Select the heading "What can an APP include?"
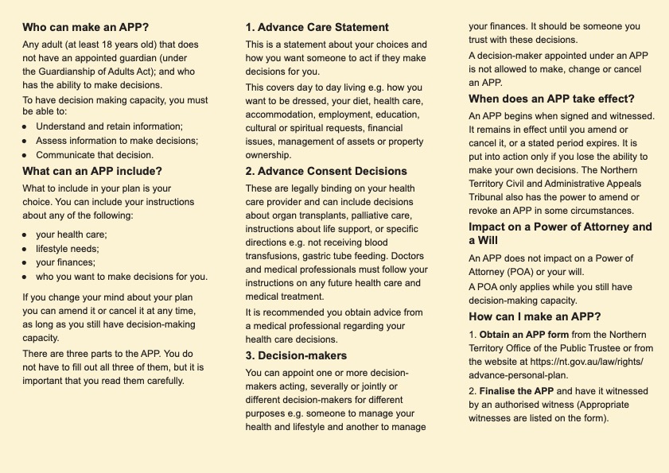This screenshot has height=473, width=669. click(92, 171)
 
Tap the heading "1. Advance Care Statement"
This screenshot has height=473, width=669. click(317, 27)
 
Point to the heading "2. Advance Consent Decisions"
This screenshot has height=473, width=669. click(326, 171)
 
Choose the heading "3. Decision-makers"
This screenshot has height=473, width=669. click(296, 355)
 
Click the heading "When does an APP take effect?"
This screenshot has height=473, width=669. click(551, 99)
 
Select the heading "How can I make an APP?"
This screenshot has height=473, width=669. click(535, 316)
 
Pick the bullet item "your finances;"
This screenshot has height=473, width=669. click(65, 262)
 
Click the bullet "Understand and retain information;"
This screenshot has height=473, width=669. click(109, 126)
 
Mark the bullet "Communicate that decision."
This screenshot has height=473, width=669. click(95, 155)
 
